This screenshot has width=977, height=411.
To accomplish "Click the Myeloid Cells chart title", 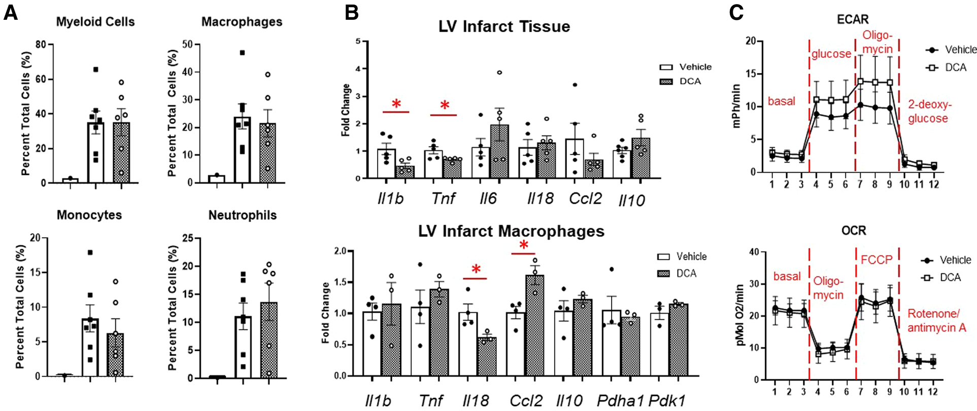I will pyautogui.click(x=95, y=22).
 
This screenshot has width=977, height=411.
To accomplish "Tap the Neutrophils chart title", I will pyautogui.click(x=243, y=215).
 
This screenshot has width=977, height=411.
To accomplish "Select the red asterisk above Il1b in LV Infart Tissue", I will pyautogui.click(x=396, y=104).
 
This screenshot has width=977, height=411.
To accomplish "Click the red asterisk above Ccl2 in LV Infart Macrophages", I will pyautogui.click(x=523, y=246).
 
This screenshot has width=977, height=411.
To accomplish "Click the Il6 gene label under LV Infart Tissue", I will pyautogui.click(x=488, y=199).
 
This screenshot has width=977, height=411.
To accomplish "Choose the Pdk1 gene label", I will pyautogui.click(x=667, y=400).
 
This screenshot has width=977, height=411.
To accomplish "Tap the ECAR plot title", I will pyautogui.click(x=853, y=19).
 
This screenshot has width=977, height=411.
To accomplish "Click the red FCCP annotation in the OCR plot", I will pyautogui.click(x=876, y=260).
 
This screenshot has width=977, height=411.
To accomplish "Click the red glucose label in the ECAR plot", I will pyautogui.click(x=831, y=54).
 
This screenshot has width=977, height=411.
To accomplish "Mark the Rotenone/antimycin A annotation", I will pyautogui.click(x=936, y=321).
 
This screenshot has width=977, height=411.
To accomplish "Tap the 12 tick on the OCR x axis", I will pyautogui.click(x=933, y=392).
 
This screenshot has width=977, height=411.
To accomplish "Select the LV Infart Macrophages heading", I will pyautogui.click(x=511, y=231).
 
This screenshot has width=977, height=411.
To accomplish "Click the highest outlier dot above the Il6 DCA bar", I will pyautogui.click(x=499, y=72).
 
